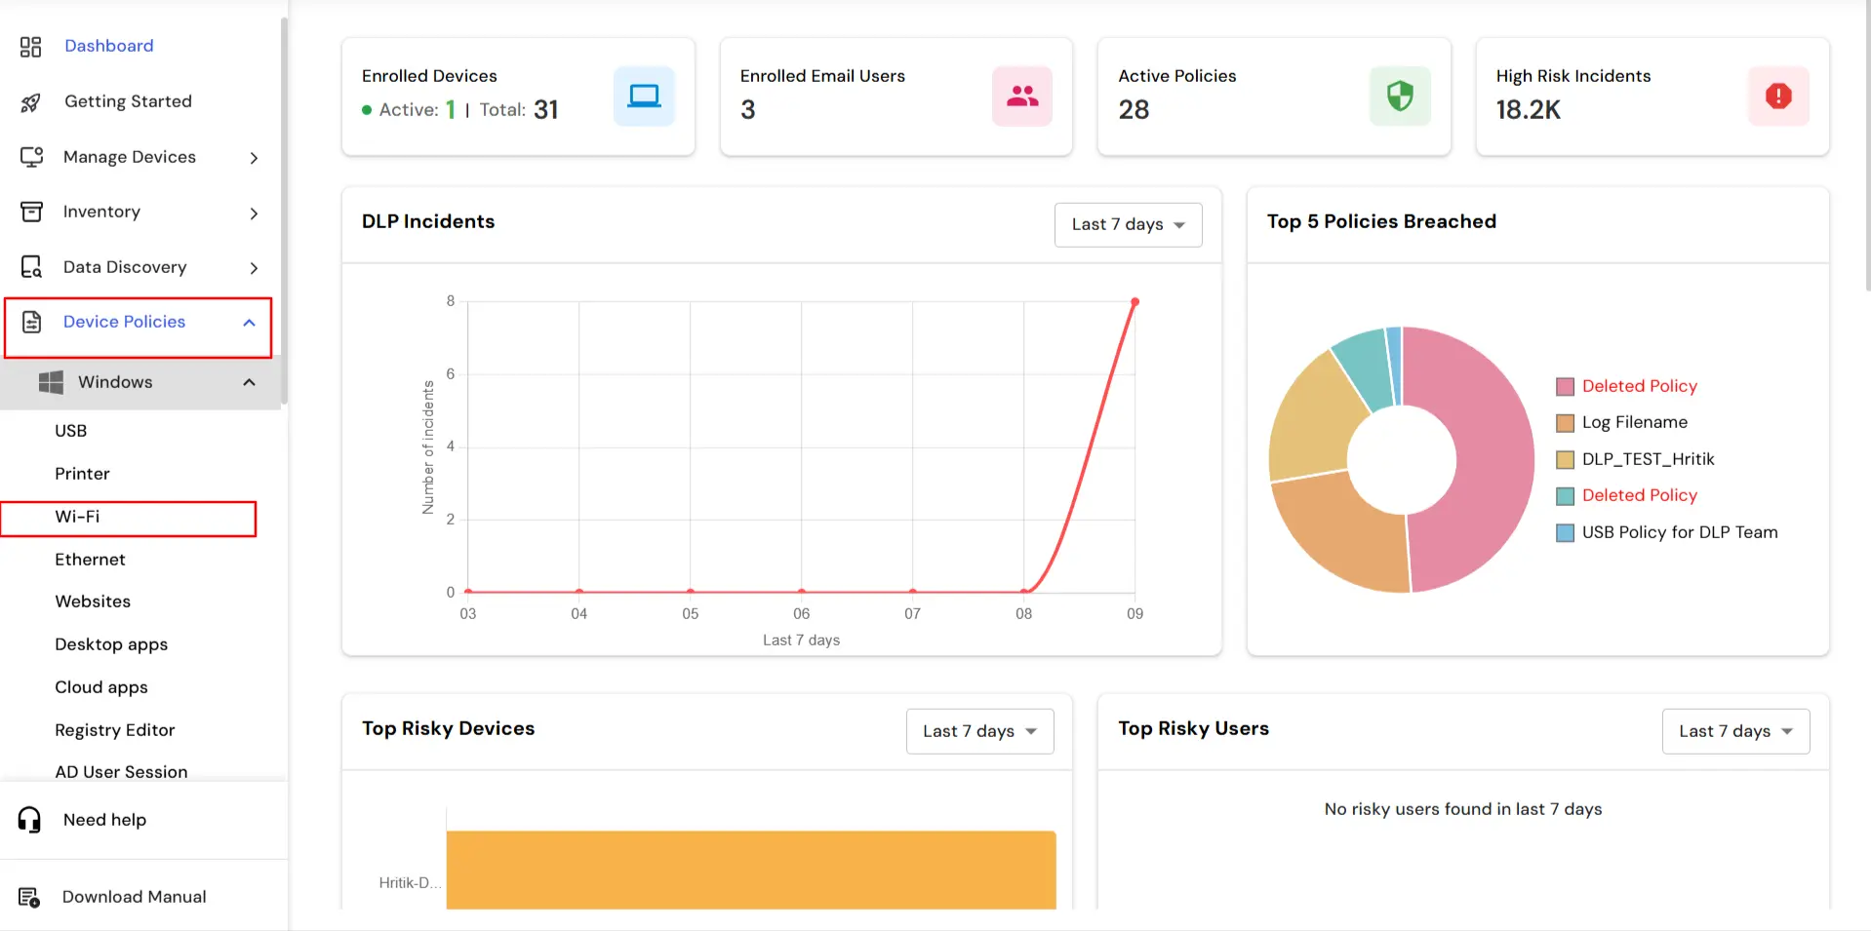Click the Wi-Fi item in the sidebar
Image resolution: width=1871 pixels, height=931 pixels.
(x=78, y=517)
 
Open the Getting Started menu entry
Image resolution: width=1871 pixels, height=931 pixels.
(x=128, y=101)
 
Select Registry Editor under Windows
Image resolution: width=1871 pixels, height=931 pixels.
(x=115, y=730)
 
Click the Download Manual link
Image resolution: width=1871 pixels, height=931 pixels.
(x=134, y=897)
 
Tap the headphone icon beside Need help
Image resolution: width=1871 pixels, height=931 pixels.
(x=30, y=820)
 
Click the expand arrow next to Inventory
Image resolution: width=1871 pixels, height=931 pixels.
(x=254, y=213)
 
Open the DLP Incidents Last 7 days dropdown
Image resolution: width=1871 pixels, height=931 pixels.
(x=1128, y=225)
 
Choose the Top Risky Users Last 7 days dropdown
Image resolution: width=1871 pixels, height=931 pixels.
(x=1734, y=732)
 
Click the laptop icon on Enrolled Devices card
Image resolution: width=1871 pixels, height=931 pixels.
(x=644, y=97)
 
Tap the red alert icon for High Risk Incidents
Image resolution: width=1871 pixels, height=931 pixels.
(x=1777, y=97)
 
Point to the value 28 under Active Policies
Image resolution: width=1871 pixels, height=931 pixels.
(x=1134, y=110)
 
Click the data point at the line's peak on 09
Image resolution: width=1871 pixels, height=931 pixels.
(x=1135, y=302)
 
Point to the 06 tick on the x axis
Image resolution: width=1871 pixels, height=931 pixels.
(x=801, y=614)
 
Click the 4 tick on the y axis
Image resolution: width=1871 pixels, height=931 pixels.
(x=451, y=446)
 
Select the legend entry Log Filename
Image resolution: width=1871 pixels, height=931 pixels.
(x=1634, y=423)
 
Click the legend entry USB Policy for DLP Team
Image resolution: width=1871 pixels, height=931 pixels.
(x=1679, y=532)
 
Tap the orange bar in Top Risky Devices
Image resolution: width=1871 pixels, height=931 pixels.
(x=750, y=870)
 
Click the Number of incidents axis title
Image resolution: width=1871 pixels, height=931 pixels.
(x=428, y=447)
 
